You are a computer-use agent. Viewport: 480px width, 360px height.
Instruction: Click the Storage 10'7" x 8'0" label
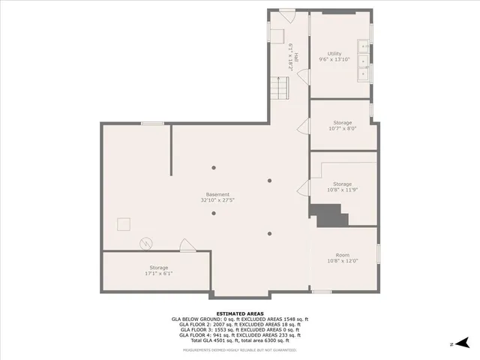342,125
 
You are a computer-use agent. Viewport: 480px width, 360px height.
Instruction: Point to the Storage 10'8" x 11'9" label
342,187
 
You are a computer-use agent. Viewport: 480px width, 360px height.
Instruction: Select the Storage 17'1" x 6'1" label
159,270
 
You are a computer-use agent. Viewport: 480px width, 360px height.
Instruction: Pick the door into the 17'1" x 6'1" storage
187,245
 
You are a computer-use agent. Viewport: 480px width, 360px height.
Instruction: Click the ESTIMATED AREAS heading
240,313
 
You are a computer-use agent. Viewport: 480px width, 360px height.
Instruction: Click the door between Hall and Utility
305,76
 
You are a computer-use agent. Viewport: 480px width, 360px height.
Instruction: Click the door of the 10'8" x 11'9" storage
304,187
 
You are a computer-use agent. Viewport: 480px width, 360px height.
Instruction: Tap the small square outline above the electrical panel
123,224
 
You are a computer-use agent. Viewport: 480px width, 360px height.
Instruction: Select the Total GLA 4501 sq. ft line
240,340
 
